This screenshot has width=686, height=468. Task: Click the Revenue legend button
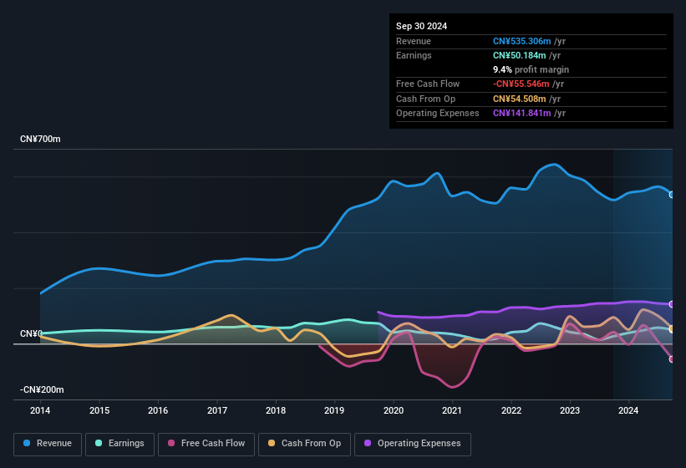point(48,443)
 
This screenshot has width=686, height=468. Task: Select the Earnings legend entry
point(119,443)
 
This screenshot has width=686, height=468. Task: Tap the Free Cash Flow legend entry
point(206,443)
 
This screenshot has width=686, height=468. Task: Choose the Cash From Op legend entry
point(305,443)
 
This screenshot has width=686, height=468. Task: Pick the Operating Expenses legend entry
point(412,443)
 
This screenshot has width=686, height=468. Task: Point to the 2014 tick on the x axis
point(40,410)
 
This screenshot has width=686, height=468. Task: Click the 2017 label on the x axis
point(217,410)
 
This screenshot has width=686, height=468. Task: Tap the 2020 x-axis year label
point(394,410)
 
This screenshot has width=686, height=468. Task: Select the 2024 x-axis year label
point(628,410)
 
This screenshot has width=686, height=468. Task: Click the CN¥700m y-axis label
point(40,139)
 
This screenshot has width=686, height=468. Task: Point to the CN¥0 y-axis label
point(31,333)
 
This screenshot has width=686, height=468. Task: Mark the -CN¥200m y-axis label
point(42,389)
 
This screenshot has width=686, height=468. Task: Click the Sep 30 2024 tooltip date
point(421,26)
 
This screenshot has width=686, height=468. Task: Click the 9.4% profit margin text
point(531,69)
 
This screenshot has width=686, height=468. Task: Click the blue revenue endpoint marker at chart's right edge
point(672,194)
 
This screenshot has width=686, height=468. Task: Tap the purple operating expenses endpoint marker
point(672,304)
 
